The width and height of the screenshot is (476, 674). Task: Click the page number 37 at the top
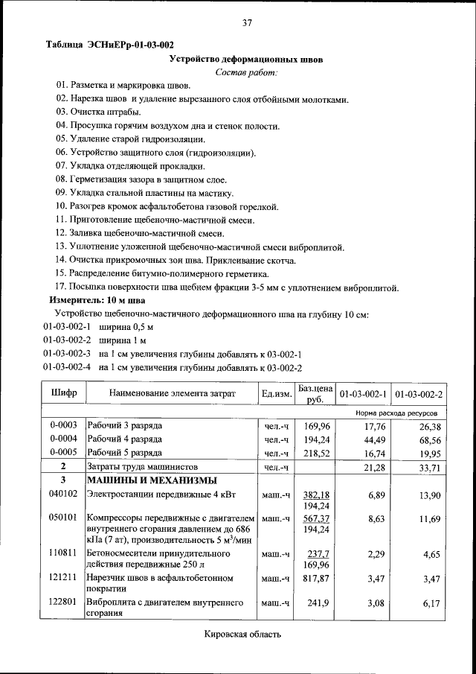coord(248,23)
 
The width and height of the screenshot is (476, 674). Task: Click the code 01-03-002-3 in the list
coord(67,354)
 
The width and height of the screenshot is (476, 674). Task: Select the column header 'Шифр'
coord(63,392)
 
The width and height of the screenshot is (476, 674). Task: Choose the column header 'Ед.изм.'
coord(276,392)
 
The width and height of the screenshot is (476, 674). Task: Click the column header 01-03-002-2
coord(419,392)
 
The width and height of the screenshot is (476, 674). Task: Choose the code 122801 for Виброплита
coord(63,601)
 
